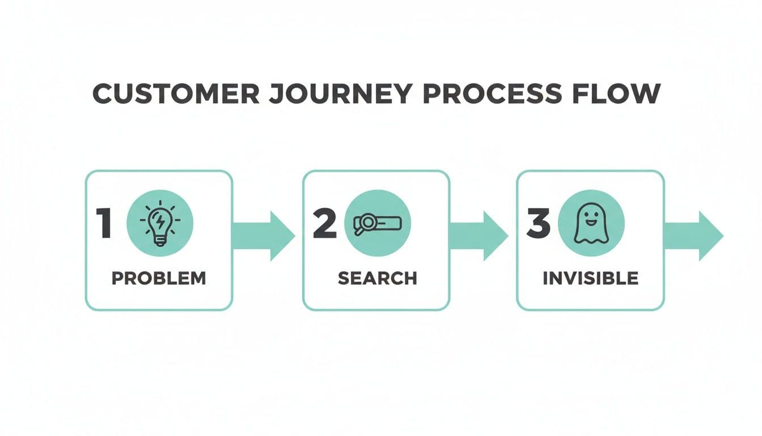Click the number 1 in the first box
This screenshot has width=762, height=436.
(104, 223)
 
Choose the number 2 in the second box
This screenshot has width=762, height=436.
(325, 223)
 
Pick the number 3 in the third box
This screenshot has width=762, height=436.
(538, 223)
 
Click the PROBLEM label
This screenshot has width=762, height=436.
(159, 278)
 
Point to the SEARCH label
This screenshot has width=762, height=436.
(377, 278)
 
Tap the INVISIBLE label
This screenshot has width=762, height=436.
(590, 278)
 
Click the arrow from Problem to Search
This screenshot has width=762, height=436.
(265, 236)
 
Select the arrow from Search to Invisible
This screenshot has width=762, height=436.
(480, 236)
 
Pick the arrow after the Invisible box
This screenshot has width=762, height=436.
(695, 236)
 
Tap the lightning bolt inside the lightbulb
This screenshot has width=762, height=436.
(160, 221)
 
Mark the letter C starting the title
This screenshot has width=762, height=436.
(101, 94)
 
